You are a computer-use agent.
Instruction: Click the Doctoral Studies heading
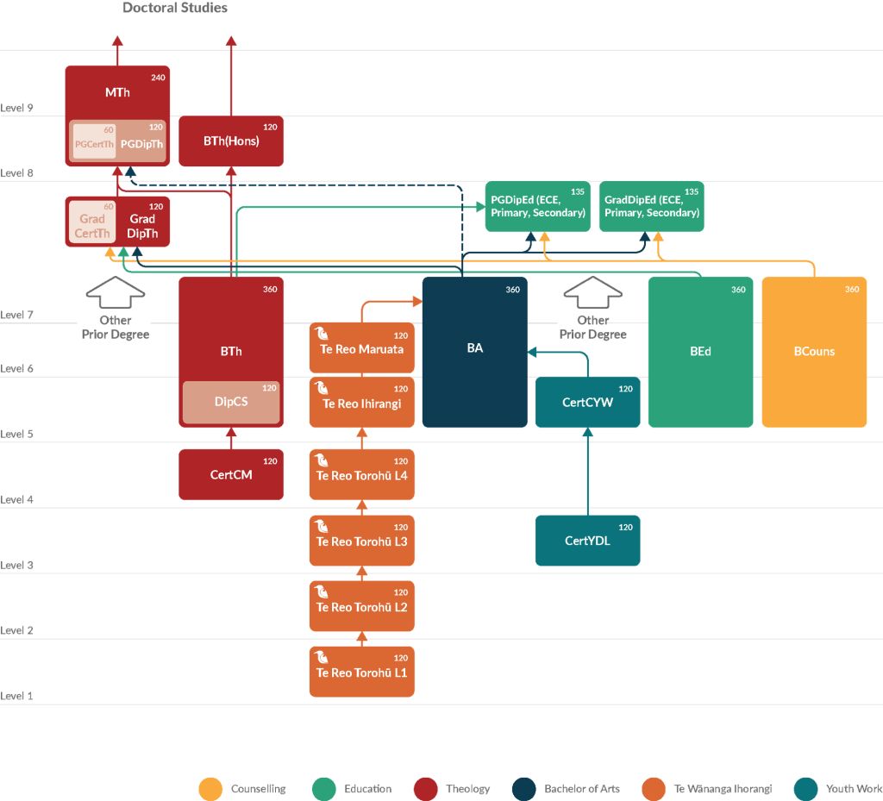point(175,8)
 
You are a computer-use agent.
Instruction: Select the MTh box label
point(117,92)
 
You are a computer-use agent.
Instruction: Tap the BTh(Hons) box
point(231,141)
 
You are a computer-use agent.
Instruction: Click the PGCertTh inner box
point(94,141)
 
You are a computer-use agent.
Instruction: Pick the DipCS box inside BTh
point(231,402)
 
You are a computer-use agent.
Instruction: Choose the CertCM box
point(231,474)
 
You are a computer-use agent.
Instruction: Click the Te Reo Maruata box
point(362,347)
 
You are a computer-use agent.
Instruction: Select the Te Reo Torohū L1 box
point(362,672)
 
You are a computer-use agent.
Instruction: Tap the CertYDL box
point(587,541)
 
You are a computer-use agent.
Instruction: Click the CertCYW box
point(587,402)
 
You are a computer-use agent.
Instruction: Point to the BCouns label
point(814,351)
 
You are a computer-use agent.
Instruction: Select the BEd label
point(700,351)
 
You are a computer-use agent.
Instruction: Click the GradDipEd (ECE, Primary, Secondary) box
point(652,206)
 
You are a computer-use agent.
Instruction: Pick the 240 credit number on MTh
point(159,78)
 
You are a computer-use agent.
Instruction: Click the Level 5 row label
point(17,434)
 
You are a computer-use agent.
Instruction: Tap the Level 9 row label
point(17,108)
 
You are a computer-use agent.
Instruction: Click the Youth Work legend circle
point(805,789)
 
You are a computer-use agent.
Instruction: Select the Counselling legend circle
point(210,789)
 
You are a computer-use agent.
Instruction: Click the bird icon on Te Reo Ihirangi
point(322,388)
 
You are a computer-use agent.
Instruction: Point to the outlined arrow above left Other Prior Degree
point(116,292)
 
